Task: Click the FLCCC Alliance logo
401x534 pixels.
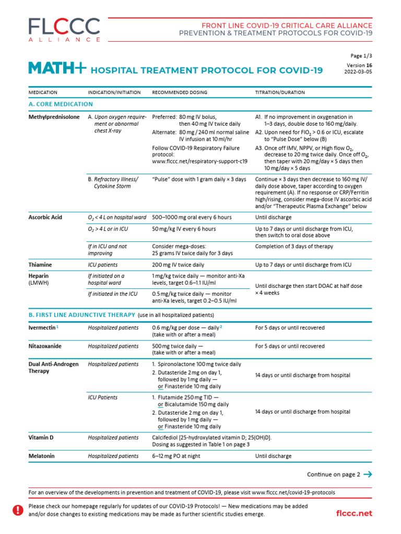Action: [64, 29]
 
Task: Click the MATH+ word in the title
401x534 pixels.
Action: [57, 69]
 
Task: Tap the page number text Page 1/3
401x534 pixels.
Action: [361, 56]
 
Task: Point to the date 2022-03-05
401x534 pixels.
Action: [359, 72]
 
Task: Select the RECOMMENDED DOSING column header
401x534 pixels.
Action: [179, 92]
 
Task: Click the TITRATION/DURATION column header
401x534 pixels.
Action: [280, 92]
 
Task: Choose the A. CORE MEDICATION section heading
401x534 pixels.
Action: [61, 104]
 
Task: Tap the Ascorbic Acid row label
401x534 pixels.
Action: [45, 217]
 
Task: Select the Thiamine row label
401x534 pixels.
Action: [40, 265]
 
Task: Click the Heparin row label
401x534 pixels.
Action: [39, 276]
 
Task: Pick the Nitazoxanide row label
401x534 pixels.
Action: [46, 346]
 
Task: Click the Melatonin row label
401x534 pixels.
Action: [41, 456]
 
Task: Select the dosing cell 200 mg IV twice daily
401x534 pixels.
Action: [178, 265]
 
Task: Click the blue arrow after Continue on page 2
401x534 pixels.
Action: [368, 475]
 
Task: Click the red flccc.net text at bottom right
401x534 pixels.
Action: [355, 514]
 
